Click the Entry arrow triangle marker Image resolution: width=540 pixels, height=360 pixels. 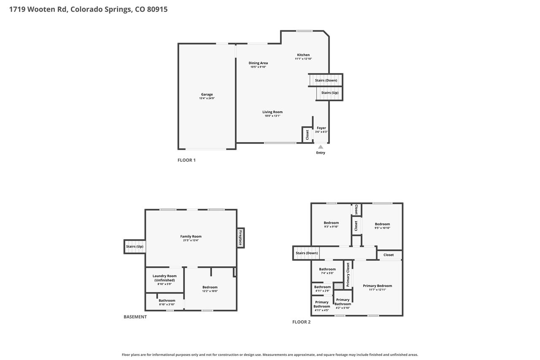click(320, 147)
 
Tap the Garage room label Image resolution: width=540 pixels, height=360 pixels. click(207, 95)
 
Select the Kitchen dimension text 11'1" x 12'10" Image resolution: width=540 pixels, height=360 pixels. click(303, 59)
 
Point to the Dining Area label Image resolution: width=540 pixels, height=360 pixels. click(258, 63)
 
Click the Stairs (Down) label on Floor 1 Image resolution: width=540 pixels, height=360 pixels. click(326, 80)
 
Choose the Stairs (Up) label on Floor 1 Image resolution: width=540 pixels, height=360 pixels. click(330, 92)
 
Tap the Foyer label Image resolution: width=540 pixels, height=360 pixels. click(321, 128)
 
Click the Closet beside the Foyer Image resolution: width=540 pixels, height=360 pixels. click(307, 135)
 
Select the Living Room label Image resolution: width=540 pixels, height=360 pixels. click(273, 112)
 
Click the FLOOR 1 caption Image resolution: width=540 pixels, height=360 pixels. click(186, 160)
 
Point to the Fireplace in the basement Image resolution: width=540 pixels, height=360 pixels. click(240, 238)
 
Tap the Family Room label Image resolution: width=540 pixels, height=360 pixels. click(191, 236)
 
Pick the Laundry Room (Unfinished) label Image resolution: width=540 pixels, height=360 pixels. click(165, 278)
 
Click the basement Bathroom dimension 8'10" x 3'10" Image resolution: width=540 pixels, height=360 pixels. click(167, 304)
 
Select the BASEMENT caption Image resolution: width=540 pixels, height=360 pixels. click(135, 317)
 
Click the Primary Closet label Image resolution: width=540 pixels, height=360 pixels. click(348, 275)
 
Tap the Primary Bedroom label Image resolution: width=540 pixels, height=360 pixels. click(377, 286)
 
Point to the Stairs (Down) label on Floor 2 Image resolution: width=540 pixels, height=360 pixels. click(307, 253)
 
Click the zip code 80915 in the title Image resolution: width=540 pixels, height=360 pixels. click(157, 9)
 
